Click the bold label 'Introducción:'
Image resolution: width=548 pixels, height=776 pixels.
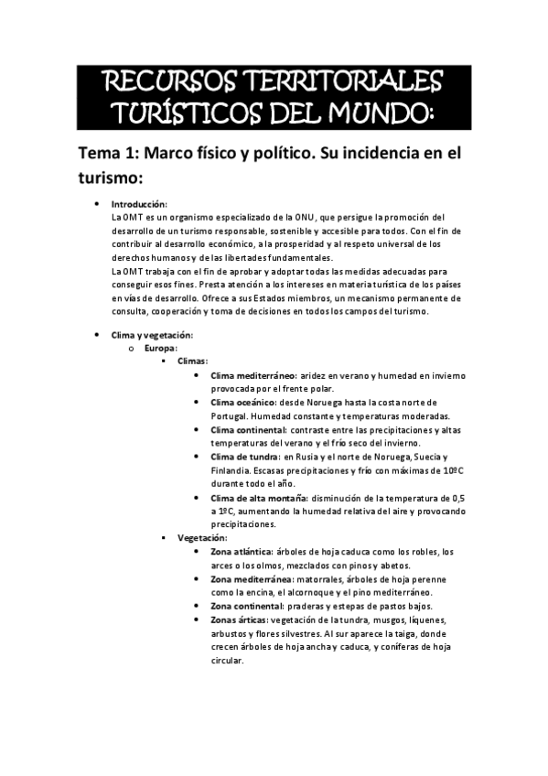pos(139,204)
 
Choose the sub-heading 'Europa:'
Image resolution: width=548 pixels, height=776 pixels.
pos(161,349)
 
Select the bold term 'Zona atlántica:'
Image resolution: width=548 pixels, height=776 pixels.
pos(241,552)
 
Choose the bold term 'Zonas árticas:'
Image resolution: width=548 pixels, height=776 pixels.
pos(241,620)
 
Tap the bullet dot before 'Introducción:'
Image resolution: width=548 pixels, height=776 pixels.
pos(98,204)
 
